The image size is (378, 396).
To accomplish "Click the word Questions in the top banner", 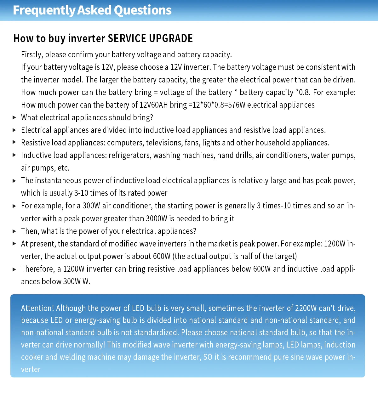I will tap(143, 10).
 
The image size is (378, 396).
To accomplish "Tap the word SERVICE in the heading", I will tap(127, 38).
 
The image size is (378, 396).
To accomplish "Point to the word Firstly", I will tap(32, 54).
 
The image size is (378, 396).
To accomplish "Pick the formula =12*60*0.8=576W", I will tap(217, 105).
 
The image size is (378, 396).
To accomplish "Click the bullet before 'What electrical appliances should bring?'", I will tap(14, 117).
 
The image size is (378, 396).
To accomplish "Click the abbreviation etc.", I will tap(63, 168).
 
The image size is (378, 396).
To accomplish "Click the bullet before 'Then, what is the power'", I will tap(14, 231).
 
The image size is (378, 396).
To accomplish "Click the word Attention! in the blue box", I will tap(37, 308).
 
